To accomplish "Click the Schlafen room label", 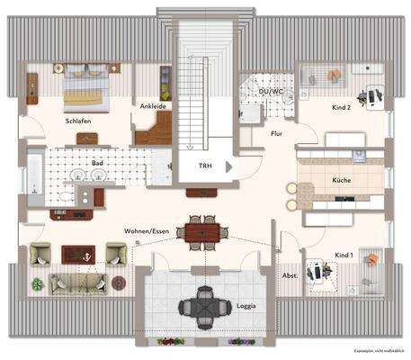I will [78, 120].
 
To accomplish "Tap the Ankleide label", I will [153, 106].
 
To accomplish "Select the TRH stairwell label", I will [206, 166].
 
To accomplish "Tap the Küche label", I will [342, 181].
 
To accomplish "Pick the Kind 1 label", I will [344, 255].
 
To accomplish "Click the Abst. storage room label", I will [290, 275].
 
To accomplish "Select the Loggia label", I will [246, 306].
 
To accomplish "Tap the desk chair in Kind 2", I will [369, 93].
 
